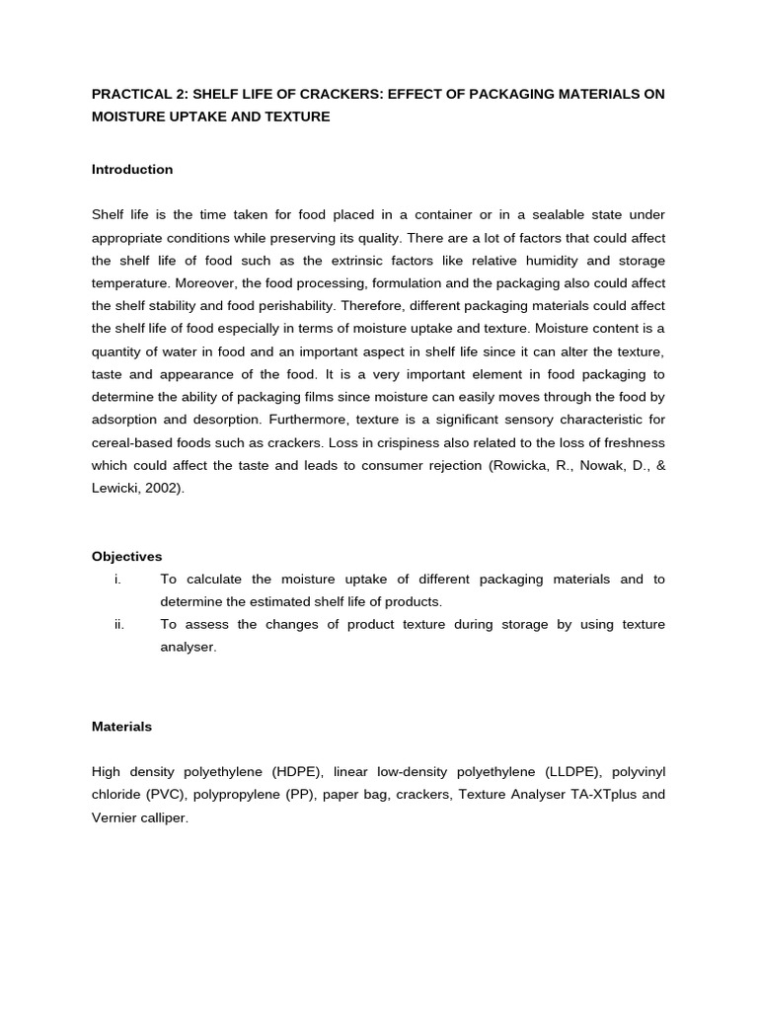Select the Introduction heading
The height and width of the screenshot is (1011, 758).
[132, 170]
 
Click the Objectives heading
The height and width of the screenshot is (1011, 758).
[127, 557]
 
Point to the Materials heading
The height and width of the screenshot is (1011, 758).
[122, 727]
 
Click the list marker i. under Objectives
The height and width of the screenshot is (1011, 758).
[117, 580]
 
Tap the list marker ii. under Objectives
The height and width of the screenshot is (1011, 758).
[118, 625]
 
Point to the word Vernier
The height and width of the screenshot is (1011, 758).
[115, 818]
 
